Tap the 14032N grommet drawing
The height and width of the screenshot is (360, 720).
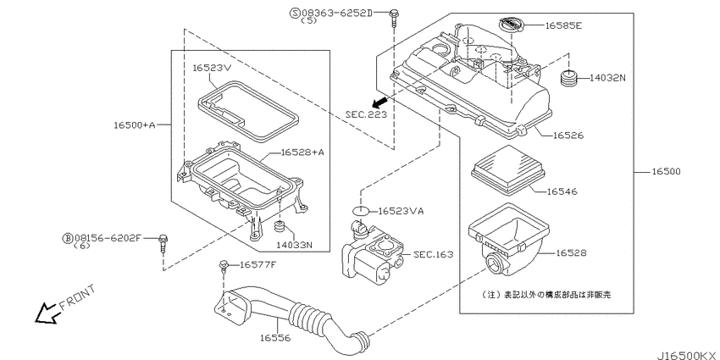[x=570, y=80]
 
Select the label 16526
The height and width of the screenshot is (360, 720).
[x=570, y=135]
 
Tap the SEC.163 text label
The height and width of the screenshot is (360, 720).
[x=435, y=253]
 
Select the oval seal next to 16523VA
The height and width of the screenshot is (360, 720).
[x=362, y=210]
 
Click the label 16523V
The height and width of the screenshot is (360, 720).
[x=213, y=68]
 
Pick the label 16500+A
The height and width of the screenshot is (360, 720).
[x=135, y=125]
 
